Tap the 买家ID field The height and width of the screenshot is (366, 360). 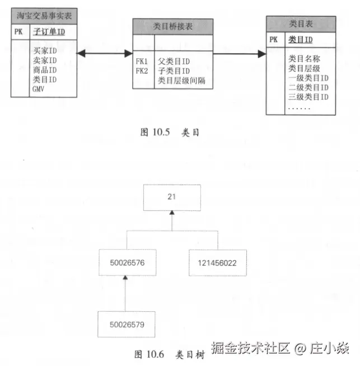coord(45,51)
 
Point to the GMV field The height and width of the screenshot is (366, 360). coord(39,89)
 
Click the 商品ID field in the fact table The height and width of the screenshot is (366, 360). coord(45,70)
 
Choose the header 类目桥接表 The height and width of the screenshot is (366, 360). coord(172,26)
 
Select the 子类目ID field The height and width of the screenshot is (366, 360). coord(174,71)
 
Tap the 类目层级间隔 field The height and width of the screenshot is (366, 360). coord(181,81)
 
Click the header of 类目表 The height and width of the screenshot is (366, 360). coord(301,24)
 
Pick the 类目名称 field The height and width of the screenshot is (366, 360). coord(304,58)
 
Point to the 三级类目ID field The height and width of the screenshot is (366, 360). coord(308,97)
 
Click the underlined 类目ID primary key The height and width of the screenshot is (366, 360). coord(301,40)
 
